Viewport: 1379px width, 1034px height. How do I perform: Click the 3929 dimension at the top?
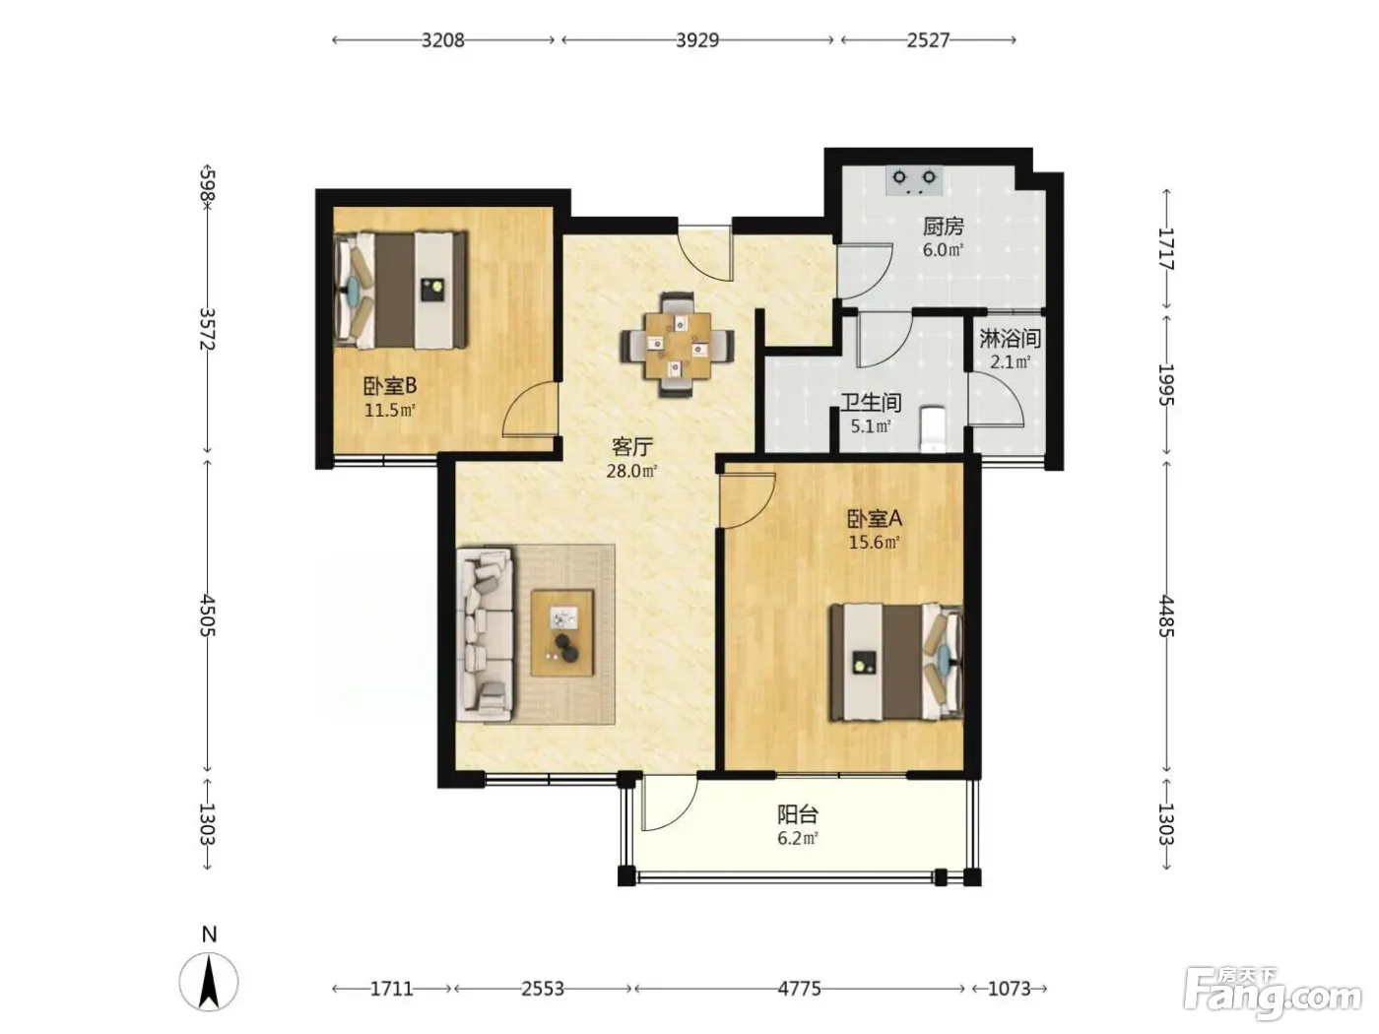696,40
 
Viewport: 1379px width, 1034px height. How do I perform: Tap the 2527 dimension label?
928,40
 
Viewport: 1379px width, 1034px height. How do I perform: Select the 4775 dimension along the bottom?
799,989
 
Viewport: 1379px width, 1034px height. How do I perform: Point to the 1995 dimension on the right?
1166,384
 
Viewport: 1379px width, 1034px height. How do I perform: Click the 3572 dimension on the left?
208,329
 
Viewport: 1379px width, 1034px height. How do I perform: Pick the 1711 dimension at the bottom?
391,989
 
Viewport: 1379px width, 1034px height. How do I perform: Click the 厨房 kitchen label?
943,226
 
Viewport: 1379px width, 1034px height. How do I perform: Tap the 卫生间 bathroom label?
871,402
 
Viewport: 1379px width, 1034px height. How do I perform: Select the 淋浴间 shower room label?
1011,339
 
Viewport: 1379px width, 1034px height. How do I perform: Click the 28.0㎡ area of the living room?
631,471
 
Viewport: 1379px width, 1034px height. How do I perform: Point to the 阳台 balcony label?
798,814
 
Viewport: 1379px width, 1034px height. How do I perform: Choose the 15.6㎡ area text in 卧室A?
874,542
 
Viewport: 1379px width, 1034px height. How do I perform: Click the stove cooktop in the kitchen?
914,180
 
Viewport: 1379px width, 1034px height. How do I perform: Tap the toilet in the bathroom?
933,428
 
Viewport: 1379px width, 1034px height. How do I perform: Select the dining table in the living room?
678,346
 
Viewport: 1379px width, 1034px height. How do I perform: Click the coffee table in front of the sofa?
562,633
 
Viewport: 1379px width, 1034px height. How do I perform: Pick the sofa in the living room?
485,634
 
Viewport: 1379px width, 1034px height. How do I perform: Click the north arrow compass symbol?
209,981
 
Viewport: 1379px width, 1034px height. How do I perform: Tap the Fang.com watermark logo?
1273,994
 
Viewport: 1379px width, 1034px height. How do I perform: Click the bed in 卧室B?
400,291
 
